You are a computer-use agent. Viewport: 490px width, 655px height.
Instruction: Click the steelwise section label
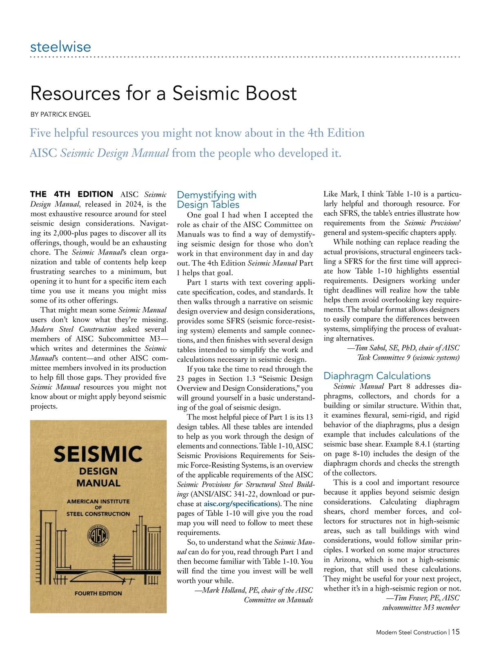click(x=60, y=46)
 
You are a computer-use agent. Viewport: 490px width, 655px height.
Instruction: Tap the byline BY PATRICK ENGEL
click(x=60, y=115)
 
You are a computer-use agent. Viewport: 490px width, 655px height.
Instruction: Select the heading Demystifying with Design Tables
click(x=216, y=200)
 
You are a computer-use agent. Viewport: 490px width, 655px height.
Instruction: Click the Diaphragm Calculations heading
click(x=377, y=376)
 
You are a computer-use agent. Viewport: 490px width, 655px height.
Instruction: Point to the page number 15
click(x=456, y=632)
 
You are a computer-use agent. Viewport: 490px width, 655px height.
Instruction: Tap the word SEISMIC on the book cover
click(x=98, y=454)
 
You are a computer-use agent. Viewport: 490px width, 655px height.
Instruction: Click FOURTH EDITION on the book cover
click(x=98, y=593)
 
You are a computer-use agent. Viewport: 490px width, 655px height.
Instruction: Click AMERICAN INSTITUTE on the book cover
click(x=98, y=501)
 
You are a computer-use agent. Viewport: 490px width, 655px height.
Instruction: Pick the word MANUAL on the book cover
click(x=98, y=483)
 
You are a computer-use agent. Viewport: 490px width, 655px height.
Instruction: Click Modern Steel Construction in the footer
click(x=411, y=632)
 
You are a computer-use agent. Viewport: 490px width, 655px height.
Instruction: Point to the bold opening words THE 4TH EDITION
click(x=71, y=194)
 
